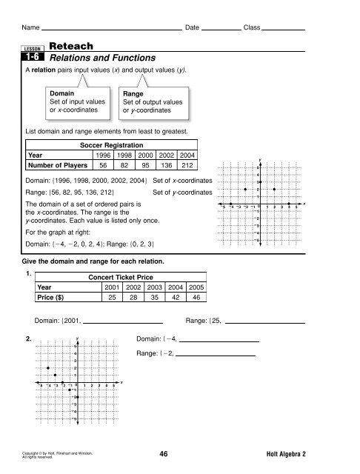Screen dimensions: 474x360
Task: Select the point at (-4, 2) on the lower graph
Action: [x=48, y=367]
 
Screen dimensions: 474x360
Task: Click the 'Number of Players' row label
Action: [x=59, y=167]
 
